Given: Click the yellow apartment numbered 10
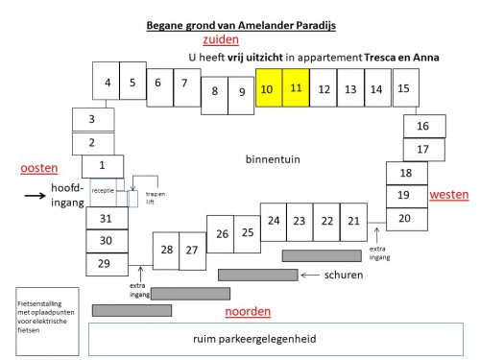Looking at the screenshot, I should coord(268,89).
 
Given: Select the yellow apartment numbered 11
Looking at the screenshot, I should coord(296,88).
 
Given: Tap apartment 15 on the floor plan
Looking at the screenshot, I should coord(403,89).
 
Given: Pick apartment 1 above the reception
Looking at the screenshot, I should coord(103,165).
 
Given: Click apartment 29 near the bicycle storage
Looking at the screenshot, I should coord(106,263).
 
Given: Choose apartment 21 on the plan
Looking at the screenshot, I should coord(353,221).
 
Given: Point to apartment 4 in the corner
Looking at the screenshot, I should coord(108,82).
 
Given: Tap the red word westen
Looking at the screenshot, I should coord(448,195).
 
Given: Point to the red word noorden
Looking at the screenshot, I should coord(248,311).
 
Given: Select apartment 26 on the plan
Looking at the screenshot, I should coord(222,233).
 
